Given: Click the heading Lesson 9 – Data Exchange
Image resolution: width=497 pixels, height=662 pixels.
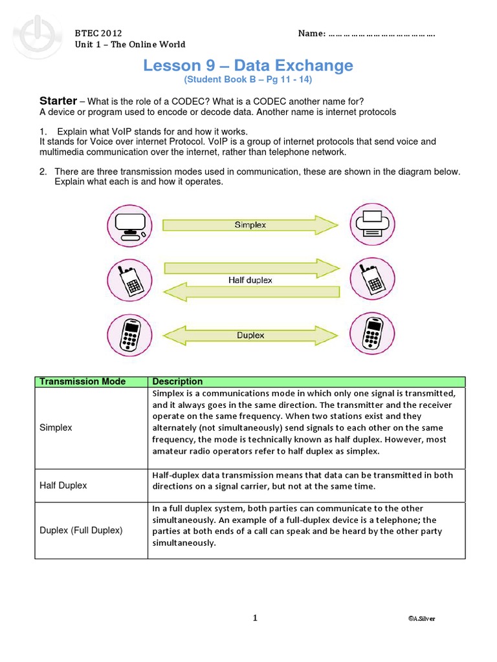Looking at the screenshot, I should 248,65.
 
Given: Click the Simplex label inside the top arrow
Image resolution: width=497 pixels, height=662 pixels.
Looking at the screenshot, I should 250,225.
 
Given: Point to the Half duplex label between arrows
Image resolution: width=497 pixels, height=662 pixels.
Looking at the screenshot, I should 250,280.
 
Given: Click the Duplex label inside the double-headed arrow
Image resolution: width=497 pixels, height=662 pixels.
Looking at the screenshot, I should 250,335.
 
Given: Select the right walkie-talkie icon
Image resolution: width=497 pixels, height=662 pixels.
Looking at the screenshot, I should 372,280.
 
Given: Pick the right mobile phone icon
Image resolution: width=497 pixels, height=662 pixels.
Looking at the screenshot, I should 372,335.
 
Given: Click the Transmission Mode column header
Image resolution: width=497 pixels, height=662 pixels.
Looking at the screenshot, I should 83,381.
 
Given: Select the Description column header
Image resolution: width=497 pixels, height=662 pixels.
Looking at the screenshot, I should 177,381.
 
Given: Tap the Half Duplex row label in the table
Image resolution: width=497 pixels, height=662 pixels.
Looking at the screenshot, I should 63,486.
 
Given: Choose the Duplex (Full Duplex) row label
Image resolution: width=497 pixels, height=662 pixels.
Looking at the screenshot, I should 81,530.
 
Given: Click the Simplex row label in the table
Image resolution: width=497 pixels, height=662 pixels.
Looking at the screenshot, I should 56,428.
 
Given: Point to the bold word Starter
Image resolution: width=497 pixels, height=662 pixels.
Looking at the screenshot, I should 58,101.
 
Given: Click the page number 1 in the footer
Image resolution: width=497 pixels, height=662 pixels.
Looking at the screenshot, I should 255,618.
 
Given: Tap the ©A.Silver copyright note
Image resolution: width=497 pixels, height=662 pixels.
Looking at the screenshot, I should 421,619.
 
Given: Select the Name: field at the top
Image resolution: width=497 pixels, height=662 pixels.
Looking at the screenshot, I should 366,33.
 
